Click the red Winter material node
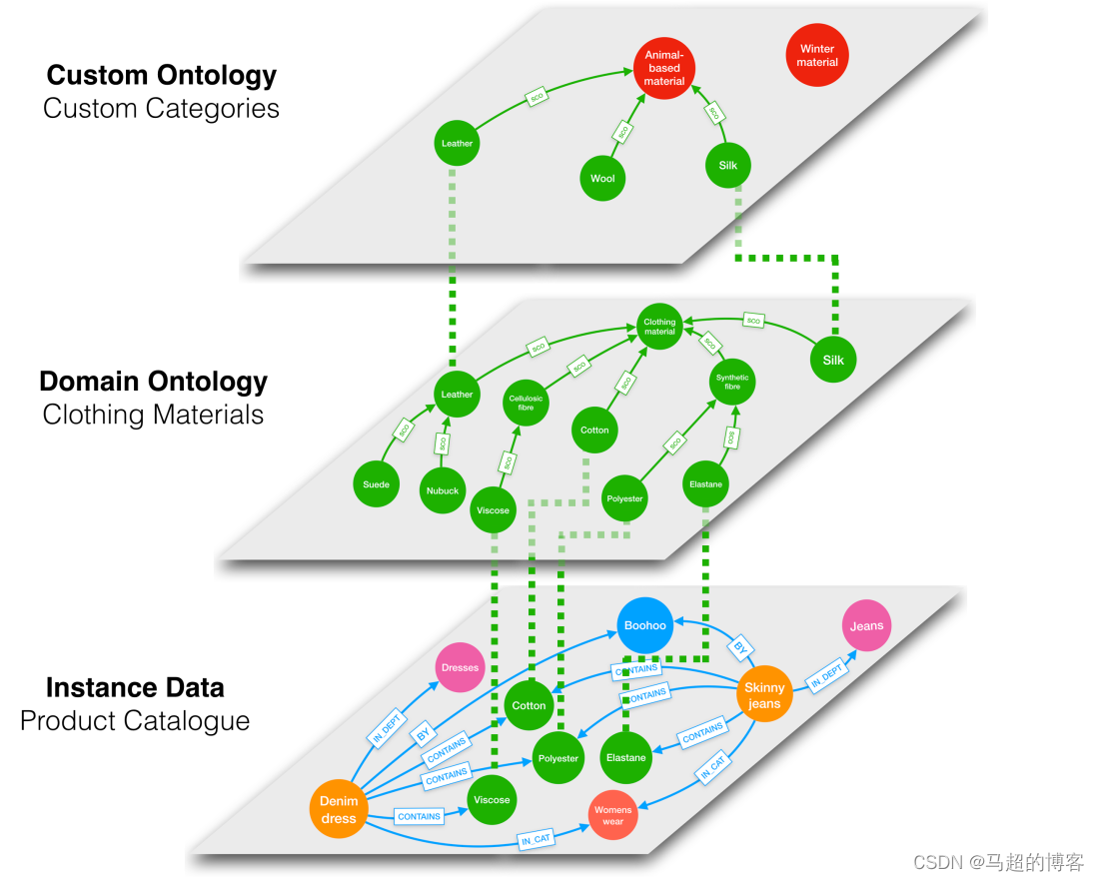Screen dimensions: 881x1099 click(x=817, y=55)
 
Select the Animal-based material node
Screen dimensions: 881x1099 click(x=664, y=68)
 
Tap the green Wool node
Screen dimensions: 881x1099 click(x=602, y=179)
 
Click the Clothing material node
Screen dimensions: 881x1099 click(x=659, y=327)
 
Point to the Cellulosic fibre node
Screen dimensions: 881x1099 click(x=526, y=403)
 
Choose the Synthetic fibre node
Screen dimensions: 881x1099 click(x=732, y=382)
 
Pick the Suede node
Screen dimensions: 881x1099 click(x=377, y=485)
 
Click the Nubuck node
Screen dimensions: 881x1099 click(x=443, y=490)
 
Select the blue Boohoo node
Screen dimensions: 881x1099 click(x=644, y=625)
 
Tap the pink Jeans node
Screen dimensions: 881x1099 click(x=866, y=626)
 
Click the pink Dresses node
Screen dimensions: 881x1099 click(x=460, y=667)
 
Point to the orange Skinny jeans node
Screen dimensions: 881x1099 click(x=764, y=695)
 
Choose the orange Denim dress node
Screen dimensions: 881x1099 click(x=339, y=810)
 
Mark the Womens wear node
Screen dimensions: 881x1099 click(x=613, y=816)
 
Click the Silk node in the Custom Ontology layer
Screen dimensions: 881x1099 click(x=728, y=165)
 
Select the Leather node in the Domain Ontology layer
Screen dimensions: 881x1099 click(x=457, y=395)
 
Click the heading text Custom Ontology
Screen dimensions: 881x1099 click(x=162, y=75)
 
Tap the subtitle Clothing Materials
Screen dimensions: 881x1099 click(x=153, y=415)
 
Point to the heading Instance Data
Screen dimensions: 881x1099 click(x=135, y=687)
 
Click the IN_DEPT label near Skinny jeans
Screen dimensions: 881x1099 click(x=828, y=678)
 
